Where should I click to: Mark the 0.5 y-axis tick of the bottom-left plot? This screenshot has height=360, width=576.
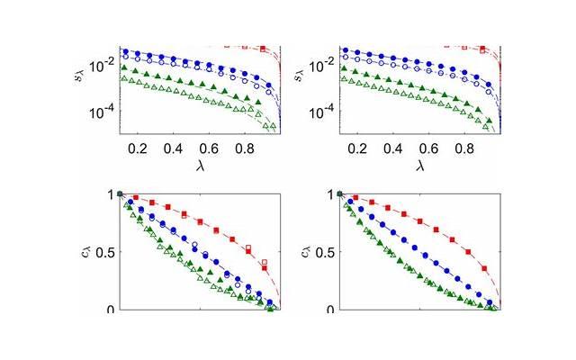(103, 252)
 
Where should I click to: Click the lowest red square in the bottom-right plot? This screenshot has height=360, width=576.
(483, 268)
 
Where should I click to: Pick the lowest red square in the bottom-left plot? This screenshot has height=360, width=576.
(265, 263)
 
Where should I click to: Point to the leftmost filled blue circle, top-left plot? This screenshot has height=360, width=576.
(125, 51)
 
